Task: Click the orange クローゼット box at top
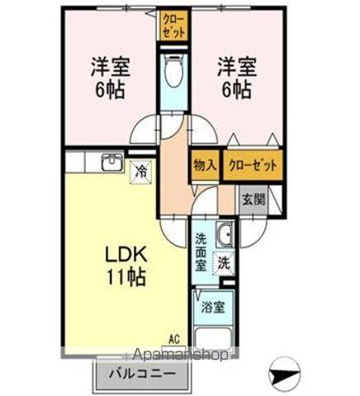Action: pyautogui.click(x=173, y=25)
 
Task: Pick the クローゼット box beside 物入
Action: pyautogui.click(x=252, y=165)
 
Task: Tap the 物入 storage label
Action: pyautogui.click(x=204, y=165)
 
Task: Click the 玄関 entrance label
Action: pyautogui.click(x=252, y=199)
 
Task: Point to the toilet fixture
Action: pyautogui.click(x=173, y=73)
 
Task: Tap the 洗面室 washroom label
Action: pyautogui.click(x=201, y=252)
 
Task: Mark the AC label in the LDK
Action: pyautogui.click(x=174, y=338)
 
